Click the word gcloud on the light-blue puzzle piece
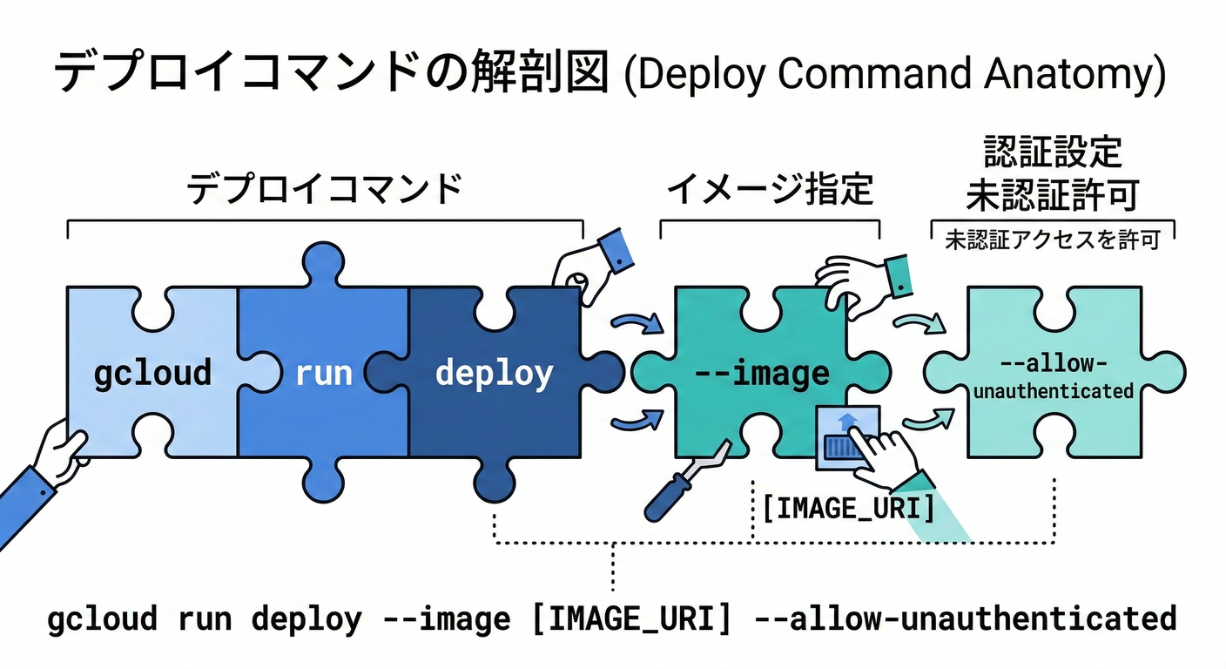(x=152, y=373)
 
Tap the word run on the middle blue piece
(x=323, y=373)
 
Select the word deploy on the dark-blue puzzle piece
(x=494, y=373)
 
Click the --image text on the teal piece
(x=762, y=374)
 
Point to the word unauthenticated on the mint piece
(x=1053, y=391)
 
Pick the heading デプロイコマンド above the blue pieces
(x=324, y=189)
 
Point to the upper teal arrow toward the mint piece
(x=919, y=325)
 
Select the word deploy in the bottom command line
(x=306, y=618)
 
